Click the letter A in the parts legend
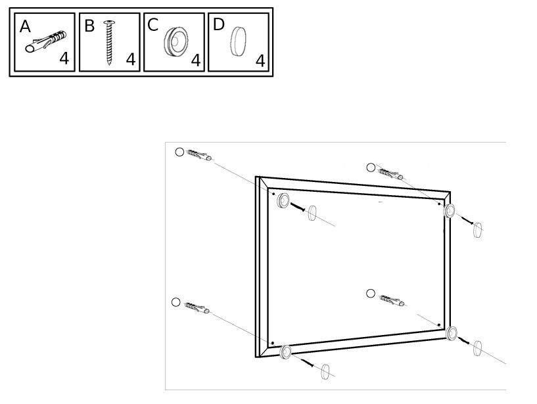[25, 26]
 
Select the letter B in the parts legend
[89, 26]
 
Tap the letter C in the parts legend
[152, 25]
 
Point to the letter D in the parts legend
[218, 24]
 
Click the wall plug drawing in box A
[45, 42]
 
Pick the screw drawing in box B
[109, 43]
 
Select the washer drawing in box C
[175, 42]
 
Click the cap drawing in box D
[238, 41]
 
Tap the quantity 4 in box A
[64, 58]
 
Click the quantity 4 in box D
[260, 61]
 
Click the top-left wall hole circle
[179, 152]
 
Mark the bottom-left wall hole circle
[175, 302]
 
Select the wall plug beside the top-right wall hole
[390, 173]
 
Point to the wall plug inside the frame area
[392, 300]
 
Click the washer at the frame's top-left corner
[283, 200]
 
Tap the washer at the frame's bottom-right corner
[452, 333]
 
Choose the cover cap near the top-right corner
[477, 230]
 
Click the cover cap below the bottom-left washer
[325, 372]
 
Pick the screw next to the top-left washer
[298, 207]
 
